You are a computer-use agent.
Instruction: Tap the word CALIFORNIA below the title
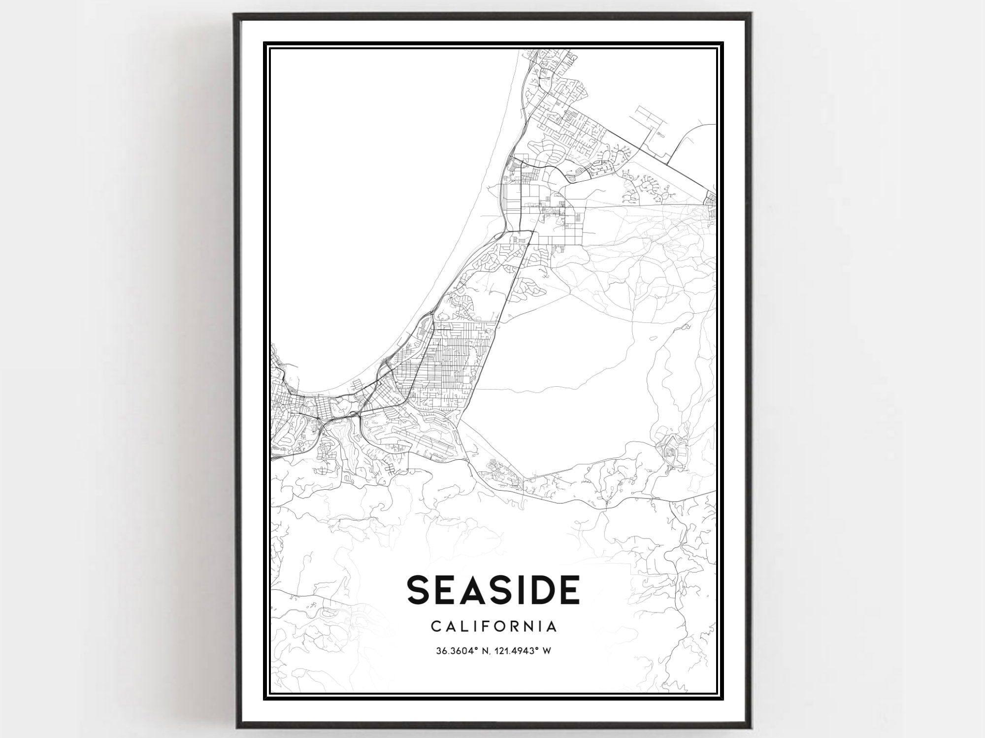pyautogui.click(x=493, y=627)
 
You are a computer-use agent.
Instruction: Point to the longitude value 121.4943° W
pyautogui.click(x=523, y=651)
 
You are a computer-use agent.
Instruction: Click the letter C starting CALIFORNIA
pyautogui.click(x=436, y=627)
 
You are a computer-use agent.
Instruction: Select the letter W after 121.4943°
pyautogui.click(x=546, y=651)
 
